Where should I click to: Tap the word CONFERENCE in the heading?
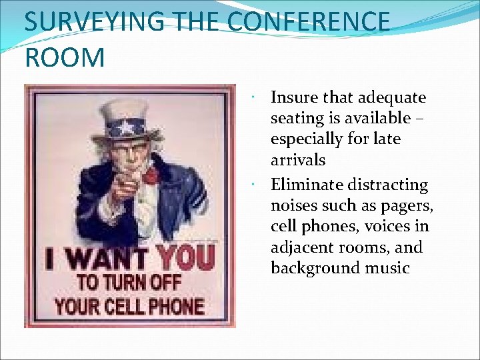click(308, 21)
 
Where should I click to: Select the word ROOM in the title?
click(65, 57)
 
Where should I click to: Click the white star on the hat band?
click(125, 127)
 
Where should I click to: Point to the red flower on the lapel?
click(151, 175)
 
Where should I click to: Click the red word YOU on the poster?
click(185, 257)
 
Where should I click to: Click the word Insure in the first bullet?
click(294, 98)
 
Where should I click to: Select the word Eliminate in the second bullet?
click(301, 185)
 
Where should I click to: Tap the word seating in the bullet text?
click(294, 119)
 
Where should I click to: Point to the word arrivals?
click(298, 160)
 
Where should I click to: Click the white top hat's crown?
click(124, 109)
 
